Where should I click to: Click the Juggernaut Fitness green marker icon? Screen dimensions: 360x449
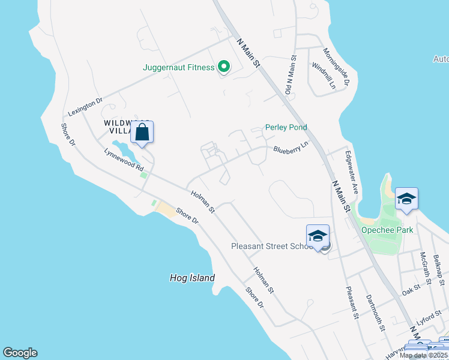click(x=223, y=67)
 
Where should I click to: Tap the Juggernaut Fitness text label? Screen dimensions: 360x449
click(x=178, y=67)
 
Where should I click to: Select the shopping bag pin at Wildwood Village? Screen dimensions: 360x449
click(x=142, y=132)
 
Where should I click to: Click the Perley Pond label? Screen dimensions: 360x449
click(x=286, y=127)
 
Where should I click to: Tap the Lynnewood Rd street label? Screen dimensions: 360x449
click(x=124, y=159)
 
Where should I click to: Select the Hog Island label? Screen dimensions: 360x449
click(x=192, y=278)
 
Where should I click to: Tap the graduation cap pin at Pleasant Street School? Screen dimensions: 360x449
click(x=318, y=235)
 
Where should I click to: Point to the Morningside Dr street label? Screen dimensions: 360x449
click(x=336, y=67)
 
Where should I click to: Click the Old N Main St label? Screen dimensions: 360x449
click(x=291, y=75)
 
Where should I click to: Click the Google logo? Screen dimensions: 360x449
click(x=20, y=353)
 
